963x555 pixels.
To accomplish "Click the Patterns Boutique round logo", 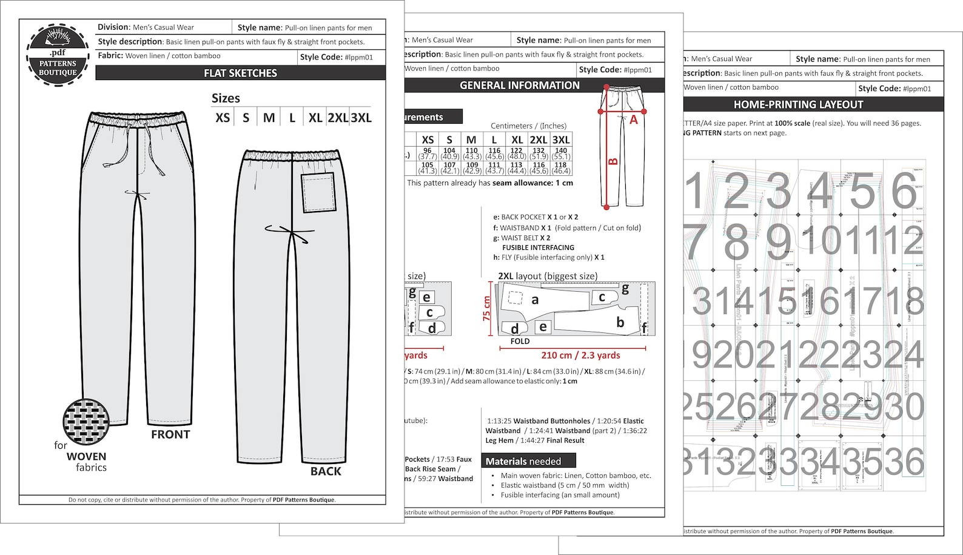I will coord(58,55).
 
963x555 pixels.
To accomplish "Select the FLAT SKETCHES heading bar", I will coord(240,73).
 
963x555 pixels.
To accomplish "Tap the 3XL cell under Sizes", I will coord(361,118).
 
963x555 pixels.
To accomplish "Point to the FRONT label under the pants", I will coord(170,434).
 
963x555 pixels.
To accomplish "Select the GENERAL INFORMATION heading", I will coord(519,86).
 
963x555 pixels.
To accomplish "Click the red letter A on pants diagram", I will coord(634,120).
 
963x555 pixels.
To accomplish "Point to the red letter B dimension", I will coord(613,161).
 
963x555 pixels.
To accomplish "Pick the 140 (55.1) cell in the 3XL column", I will coord(561,153).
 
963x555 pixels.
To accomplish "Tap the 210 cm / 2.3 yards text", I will coord(580,355).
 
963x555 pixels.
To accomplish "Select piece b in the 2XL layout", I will coord(620,322).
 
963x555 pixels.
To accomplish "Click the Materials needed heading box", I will coord(528,461).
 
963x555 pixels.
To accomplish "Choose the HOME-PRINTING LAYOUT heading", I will coord(798,104).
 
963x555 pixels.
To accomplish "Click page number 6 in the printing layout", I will coord(904,190).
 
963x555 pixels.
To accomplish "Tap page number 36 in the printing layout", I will coord(904,462).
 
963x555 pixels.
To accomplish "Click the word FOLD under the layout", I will coord(520,341).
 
